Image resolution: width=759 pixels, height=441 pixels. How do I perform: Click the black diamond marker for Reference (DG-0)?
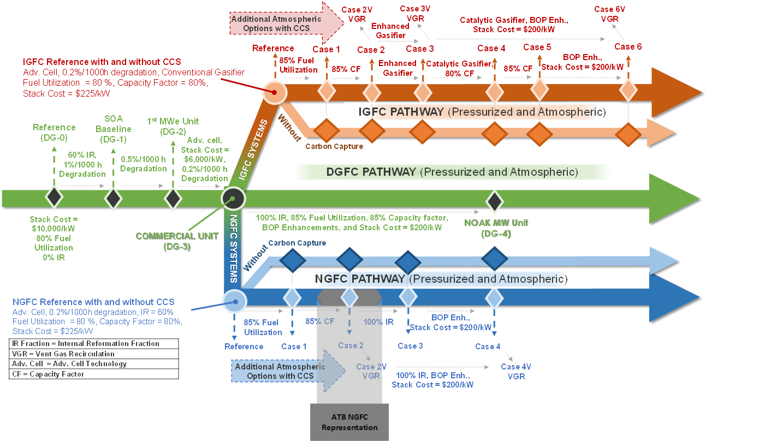pos(54,197)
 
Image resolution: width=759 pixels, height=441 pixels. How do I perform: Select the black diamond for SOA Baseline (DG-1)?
pos(113,197)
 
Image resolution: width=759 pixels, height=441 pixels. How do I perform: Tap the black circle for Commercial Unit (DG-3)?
pos(233,198)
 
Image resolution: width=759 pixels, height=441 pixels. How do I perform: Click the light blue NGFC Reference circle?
pos(235,300)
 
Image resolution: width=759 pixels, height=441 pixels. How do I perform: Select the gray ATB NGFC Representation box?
pos(349,422)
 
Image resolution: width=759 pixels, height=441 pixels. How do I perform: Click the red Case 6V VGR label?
pos(609,14)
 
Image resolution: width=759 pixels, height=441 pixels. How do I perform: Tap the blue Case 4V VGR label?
pos(516,371)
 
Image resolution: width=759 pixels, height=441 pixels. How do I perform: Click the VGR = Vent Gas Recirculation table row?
pos(94,354)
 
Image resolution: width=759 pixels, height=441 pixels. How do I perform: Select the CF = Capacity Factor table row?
pos(94,374)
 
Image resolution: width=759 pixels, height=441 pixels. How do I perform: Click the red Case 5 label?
pos(533,47)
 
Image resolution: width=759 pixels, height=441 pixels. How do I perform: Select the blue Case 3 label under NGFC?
pos(410,346)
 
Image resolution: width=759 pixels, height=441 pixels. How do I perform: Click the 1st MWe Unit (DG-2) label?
pos(173,126)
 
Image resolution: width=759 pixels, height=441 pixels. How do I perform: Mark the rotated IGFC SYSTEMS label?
pos(253,151)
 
